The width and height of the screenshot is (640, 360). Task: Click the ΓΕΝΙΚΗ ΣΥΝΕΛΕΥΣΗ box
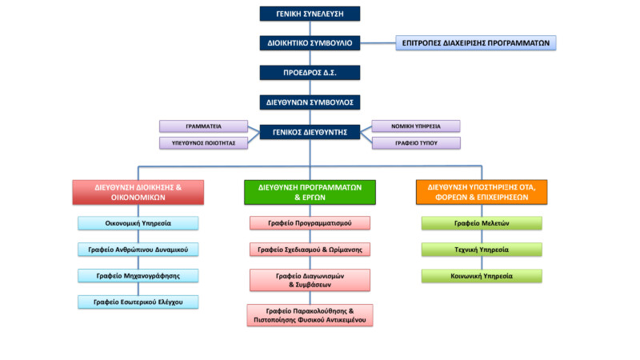pyautogui.click(x=310, y=14)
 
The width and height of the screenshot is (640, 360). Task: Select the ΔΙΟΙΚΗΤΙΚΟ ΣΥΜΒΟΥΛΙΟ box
pyautogui.click(x=310, y=42)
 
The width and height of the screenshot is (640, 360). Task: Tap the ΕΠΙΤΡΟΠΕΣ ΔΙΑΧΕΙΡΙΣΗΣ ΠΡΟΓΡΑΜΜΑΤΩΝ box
pyautogui.click(x=476, y=42)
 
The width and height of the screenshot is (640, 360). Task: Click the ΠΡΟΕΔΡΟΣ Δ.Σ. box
pyautogui.click(x=310, y=72)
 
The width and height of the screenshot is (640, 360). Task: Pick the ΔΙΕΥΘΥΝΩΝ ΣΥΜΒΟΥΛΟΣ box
pyautogui.click(x=310, y=102)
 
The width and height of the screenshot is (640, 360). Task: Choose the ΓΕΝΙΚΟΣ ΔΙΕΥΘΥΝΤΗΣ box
pyautogui.click(x=310, y=132)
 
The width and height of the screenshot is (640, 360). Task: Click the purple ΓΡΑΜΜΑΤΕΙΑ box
pyautogui.click(x=203, y=126)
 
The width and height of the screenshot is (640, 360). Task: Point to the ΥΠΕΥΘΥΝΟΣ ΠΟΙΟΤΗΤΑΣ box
pyautogui.click(x=203, y=143)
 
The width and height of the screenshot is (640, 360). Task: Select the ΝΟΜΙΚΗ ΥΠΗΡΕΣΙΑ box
pyautogui.click(x=416, y=126)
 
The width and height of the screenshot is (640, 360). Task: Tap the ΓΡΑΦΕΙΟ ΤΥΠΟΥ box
pyautogui.click(x=416, y=143)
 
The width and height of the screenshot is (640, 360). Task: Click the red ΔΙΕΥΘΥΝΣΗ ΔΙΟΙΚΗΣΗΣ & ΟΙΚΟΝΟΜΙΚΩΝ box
pyautogui.click(x=138, y=192)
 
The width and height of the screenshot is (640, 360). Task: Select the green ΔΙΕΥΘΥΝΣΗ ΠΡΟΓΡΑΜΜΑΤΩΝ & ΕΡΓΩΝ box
pyautogui.click(x=310, y=192)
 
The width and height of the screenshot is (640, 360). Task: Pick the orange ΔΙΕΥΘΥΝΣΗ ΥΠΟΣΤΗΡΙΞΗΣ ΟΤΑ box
pyautogui.click(x=482, y=192)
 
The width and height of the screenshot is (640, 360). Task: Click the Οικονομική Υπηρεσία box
pyautogui.click(x=138, y=223)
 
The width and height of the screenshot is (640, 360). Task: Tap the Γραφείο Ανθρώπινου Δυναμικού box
pyautogui.click(x=138, y=250)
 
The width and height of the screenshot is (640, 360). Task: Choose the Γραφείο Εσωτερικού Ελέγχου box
pyautogui.click(x=138, y=302)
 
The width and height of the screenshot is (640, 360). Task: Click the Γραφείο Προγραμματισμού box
pyautogui.click(x=310, y=223)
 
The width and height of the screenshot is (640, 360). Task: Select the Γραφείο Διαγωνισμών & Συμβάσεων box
pyautogui.click(x=310, y=280)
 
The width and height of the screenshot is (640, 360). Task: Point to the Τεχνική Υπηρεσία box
pyautogui.click(x=482, y=250)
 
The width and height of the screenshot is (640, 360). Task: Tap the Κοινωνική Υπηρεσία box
pyautogui.click(x=482, y=276)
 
